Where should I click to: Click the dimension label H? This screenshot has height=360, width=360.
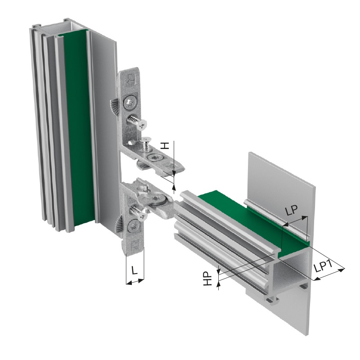pyautogui.click(x=164, y=145)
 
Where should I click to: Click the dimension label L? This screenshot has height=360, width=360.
pyautogui.click(x=134, y=270)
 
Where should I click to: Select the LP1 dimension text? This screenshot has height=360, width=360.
pyautogui.click(x=323, y=266)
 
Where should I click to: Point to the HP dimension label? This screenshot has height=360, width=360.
pyautogui.click(x=207, y=279)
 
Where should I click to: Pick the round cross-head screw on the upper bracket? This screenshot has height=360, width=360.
pyautogui.click(x=130, y=103)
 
